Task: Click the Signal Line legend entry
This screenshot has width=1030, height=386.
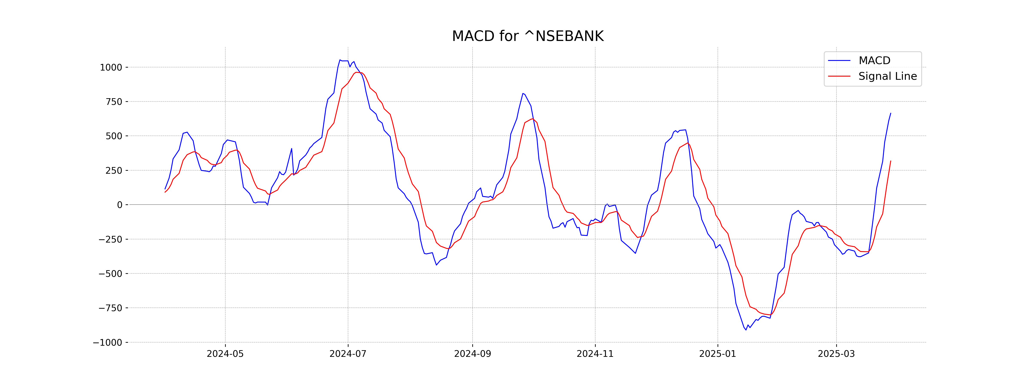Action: [x=887, y=76]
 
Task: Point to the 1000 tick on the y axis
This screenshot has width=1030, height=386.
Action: [x=111, y=68]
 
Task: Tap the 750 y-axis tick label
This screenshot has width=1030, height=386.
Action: [x=114, y=102]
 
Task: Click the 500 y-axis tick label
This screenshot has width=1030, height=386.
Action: [x=114, y=136]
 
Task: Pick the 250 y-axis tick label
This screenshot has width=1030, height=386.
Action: [x=114, y=171]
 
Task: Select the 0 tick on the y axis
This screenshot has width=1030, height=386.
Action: [x=120, y=205]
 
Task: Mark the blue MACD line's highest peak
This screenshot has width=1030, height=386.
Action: [x=340, y=60]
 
